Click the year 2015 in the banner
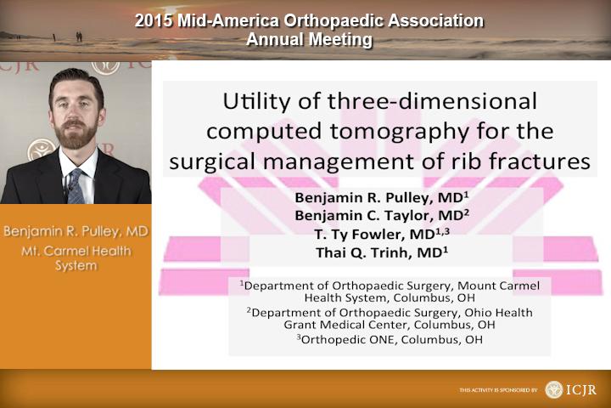click(x=154, y=21)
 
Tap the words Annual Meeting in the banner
click(x=310, y=39)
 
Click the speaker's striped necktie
click(x=76, y=186)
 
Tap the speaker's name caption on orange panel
click(x=76, y=231)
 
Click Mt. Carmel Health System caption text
click(x=76, y=258)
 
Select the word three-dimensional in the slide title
click(x=432, y=100)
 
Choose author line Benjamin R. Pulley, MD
click(x=382, y=197)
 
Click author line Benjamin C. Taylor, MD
click(x=382, y=215)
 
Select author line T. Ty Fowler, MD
click(x=382, y=234)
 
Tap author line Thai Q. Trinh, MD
click(x=382, y=252)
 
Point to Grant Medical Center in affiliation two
click(x=347, y=325)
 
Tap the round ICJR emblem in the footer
click(x=553, y=389)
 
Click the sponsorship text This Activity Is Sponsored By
click(x=498, y=390)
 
